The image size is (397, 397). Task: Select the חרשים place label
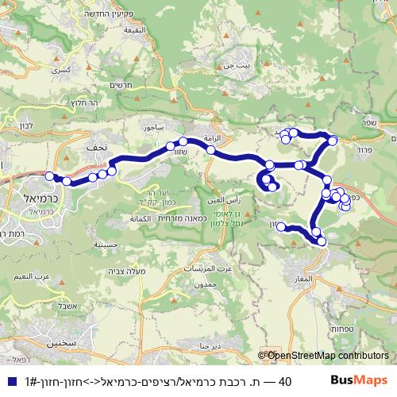click(x=122, y=87)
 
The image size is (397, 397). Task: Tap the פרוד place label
click(x=364, y=148)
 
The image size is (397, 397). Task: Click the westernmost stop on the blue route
click(x=50, y=176)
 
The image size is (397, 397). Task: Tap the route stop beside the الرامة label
click(x=210, y=148)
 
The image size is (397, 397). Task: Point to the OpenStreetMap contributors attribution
click(x=327, y=357)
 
